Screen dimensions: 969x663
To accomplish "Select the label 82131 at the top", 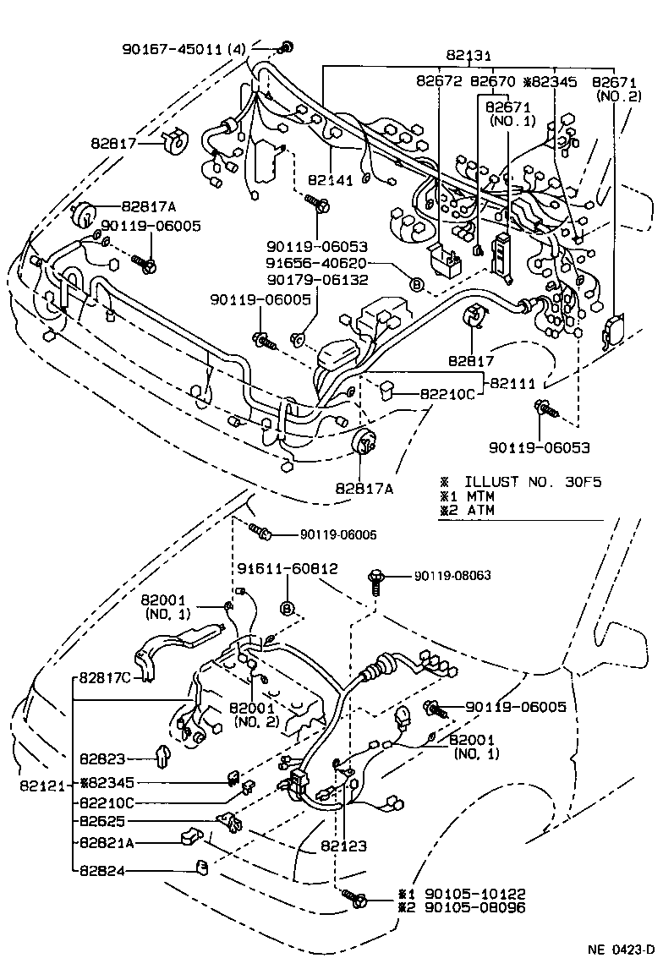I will [468, 56].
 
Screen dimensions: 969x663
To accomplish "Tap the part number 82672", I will [438, 81].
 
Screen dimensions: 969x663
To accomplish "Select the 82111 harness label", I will [512, 383].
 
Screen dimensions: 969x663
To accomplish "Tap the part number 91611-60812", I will [287, 569].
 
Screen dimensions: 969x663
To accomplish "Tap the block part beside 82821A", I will [189, 837].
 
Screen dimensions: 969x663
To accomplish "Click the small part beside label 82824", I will [203, 866].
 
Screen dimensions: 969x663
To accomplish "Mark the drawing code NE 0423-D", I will [621, 948].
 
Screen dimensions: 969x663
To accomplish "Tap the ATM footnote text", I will [479, 510].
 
